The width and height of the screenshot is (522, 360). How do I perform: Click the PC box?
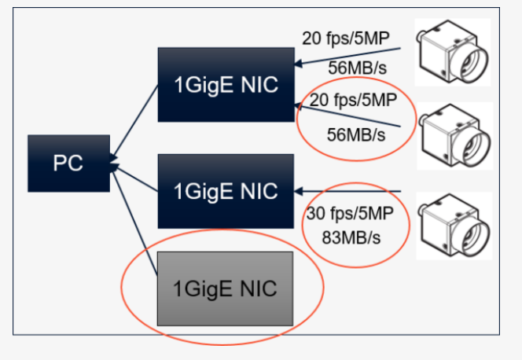tap(68, 163)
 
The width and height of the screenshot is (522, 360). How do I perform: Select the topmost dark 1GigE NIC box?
tap(225, 85)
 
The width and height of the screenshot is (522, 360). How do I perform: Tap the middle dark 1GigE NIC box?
tap(225, 191)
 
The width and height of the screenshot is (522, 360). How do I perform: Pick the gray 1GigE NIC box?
tap(225, 288)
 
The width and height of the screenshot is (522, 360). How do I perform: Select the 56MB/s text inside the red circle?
tap(356, 134)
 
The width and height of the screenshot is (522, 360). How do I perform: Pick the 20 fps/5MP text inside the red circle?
tap(354, 101)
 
